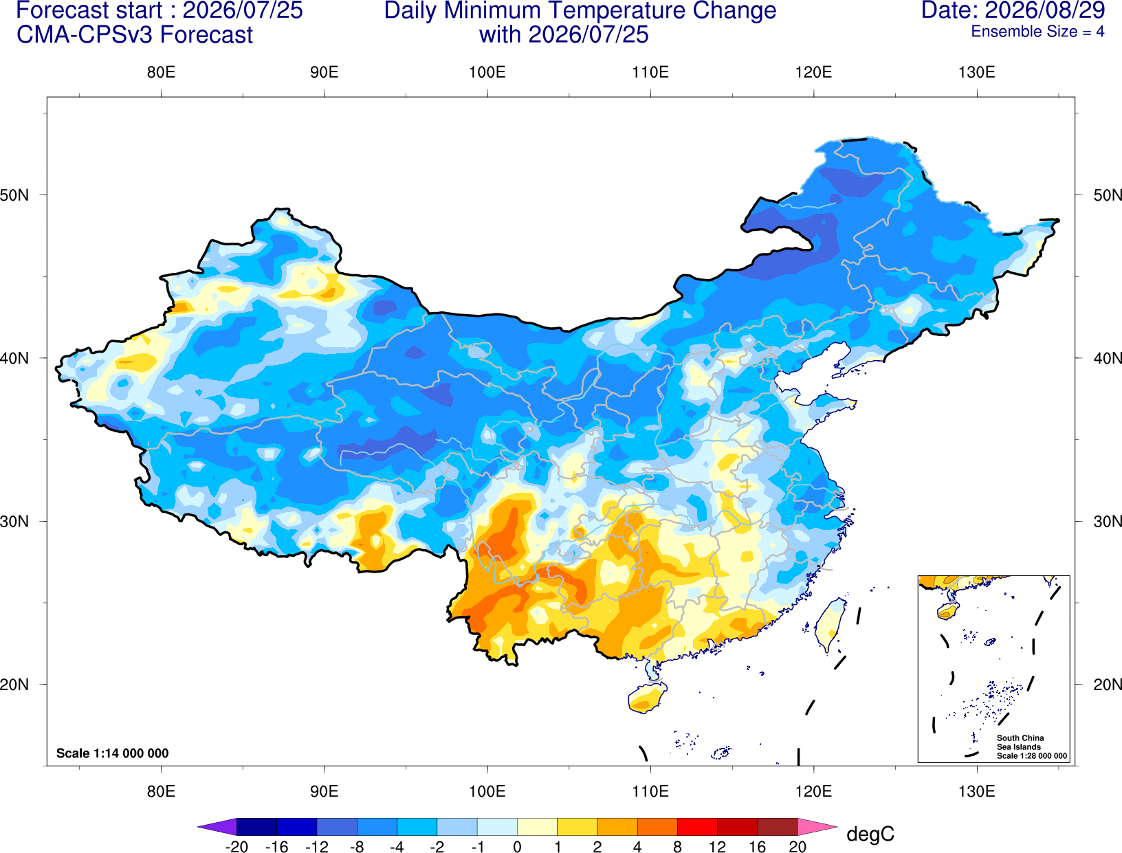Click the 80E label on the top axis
point(161,72)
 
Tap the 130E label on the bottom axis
point(977,791)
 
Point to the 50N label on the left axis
point(14,195)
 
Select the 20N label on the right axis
point(1107,685)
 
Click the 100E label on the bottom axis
point(487,791)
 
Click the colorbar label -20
point(236,847)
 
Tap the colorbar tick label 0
point(517,847)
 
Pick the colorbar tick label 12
point(717,847)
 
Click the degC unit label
point(870,834)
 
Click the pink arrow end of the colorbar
point(816,826)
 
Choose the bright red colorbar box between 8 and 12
point(697,826)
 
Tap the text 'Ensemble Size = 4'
point(1037,32)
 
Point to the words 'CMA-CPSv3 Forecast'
point(135,35)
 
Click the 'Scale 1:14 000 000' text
point(113,753)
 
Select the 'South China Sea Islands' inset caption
point(1020,742)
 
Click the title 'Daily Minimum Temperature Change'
point(580,10)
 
